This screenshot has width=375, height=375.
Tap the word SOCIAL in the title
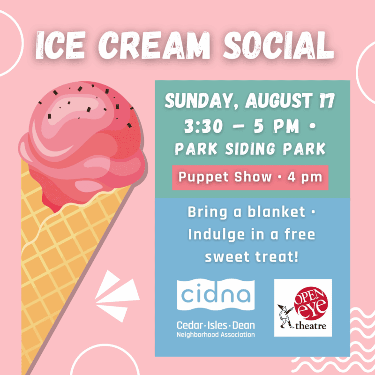click(x=278, y=45)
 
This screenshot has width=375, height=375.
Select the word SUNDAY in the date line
click(x=198, y=100)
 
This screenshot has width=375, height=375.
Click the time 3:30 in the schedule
click(x=203, y=126)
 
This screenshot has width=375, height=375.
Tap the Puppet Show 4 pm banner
click(x=250, y=178)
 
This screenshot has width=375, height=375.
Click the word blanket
click(x=276, y=212)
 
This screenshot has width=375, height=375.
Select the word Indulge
click(x=217, y=235)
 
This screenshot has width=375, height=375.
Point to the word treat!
click(x=277, y=257)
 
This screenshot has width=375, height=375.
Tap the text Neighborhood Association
click(x=216, y=335)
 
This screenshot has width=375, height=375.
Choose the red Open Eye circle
click(x=311, y=303)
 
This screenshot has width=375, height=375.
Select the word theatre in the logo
click(x=311, y=326)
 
